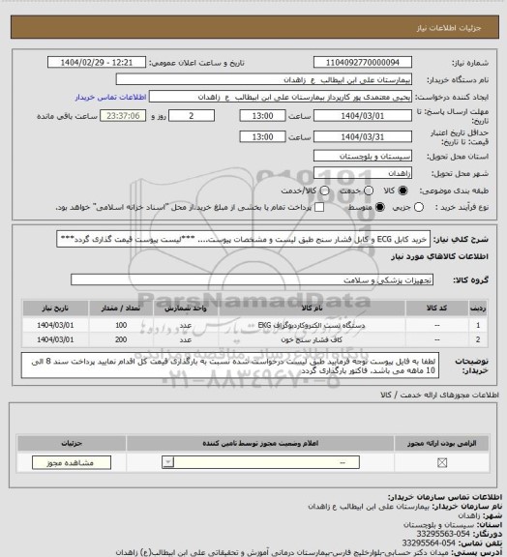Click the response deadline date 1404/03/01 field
369,115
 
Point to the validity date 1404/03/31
369,137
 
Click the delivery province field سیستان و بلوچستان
370,155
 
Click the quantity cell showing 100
121,325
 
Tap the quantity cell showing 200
121,340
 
